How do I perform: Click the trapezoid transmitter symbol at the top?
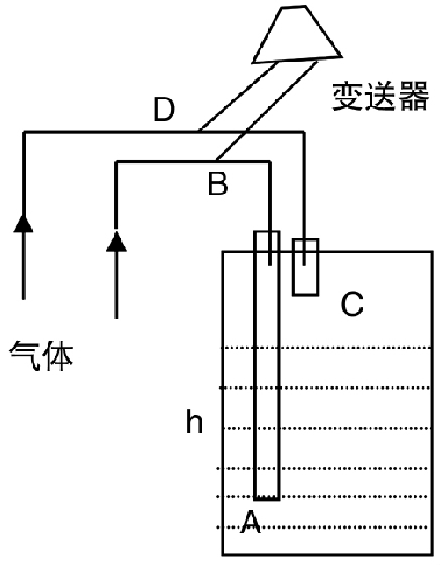click(296, 35)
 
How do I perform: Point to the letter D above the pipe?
click(164, 111)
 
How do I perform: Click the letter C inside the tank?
click(352, 305)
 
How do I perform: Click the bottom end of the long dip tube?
click(267, 497)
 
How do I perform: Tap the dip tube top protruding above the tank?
click(268, 241)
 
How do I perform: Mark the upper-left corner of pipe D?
click(24, 132)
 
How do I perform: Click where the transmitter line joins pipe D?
click(200, 132)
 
